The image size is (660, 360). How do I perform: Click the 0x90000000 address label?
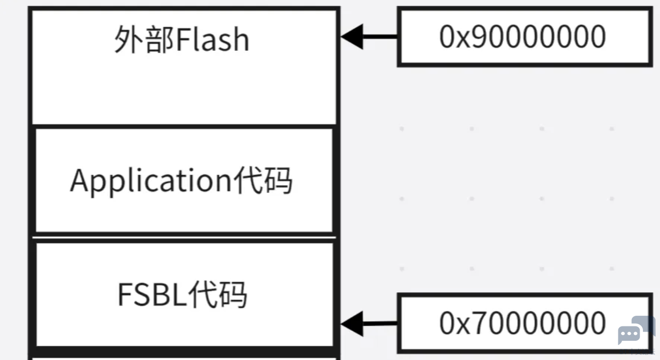pyautogui.click(x=522, y=36)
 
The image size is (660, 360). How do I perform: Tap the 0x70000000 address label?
pyautogui.click(x=522, y=323)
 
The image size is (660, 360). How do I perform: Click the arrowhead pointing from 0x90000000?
pyautogui.click(x=352, y=36)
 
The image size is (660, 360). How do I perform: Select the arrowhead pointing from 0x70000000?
pyautogui.click(x=352, y=324)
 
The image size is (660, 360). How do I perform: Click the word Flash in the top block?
pyautogui.click(x=213, y=39)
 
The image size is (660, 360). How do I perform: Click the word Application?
pyautogui.click(x=151, y=181)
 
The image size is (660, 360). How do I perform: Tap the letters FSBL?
pyautogui.click(x=152, y=294)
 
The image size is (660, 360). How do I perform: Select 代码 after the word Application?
pyautogui.click(x=263, y=180)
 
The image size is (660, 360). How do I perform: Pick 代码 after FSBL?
pyautogui.click(x=218, y=294)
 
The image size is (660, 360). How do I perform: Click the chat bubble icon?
pyautogui.click(x=637, y=330)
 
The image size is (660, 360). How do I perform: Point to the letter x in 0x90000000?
pyautogui.click(x=464, y=40)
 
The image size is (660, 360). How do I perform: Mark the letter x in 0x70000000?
pyautogui.click(x=464, y=327)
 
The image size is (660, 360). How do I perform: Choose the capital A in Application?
pyautogui.click(x=79, y=180)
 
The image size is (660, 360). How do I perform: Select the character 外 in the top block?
pyautogui.click(x=129, y=39)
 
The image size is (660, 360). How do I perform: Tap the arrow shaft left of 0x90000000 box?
pyautogui.click(x=380, y=36)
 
